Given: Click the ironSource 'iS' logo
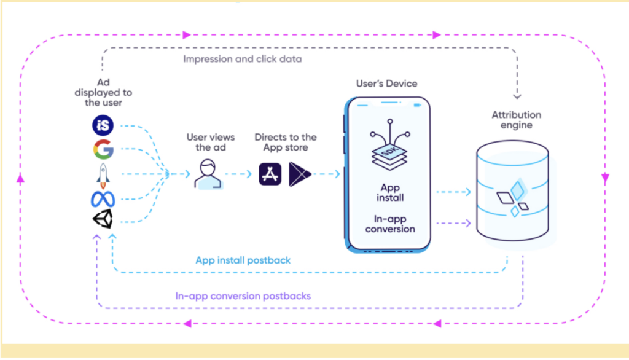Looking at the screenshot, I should (x=103, y=126).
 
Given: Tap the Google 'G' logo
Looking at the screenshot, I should (x=103, y=150).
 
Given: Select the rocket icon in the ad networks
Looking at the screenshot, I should (x=103, y=174).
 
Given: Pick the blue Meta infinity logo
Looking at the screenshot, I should (x=103, y=199).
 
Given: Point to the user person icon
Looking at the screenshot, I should (x=208, y=174).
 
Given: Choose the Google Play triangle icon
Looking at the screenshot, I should (x=300, y=174).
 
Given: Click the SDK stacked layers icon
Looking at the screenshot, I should (x=386, y=148).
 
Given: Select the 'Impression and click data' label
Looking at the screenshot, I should (x=242, y=60).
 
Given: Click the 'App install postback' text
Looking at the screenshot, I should (x=243, y=260).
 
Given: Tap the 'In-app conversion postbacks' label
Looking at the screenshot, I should (x=243, y=296).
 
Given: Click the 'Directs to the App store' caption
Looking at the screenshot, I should (x=286, y=142).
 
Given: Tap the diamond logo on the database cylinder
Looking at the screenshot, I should (x=512, y=196).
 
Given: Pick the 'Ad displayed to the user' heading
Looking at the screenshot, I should (x=107, y=92).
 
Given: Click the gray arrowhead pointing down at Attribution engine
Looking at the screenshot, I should (x=517, y=95).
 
